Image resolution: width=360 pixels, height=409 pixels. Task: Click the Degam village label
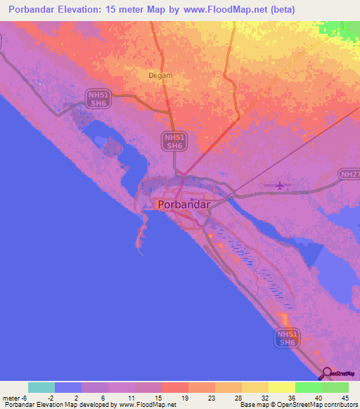160,75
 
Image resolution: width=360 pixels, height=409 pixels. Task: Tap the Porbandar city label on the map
184,204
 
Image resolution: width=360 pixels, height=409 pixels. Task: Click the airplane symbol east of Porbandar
281,186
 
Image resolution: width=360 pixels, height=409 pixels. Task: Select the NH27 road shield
349,174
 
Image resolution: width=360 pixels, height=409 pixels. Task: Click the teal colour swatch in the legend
41,387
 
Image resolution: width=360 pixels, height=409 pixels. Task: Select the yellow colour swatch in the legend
281,387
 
